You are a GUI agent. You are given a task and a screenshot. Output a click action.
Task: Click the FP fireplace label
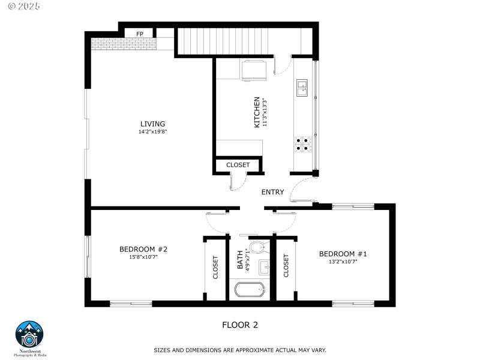tap(140, 34)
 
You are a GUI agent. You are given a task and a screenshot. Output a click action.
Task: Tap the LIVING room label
tap(152, 124)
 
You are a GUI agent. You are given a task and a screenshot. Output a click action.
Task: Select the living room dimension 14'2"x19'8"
tap(152, 131)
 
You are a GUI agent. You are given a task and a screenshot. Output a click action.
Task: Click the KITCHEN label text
tap(257, 112)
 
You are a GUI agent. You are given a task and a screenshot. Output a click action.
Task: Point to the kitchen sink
tap(301, 88)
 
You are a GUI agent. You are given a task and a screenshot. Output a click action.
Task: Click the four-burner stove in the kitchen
tap(302, 143)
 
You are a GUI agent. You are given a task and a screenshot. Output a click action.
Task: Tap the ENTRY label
tap(272, 192)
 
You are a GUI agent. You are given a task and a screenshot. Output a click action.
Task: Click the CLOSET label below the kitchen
tap(238, 165)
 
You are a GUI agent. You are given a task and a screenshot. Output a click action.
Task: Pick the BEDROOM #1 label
tap(343, 254)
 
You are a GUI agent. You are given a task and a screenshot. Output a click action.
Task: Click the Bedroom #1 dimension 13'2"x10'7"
tap(343, 262)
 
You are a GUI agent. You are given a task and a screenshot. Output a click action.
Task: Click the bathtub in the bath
tap(250, 290)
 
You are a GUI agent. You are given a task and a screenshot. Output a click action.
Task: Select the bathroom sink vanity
tap(264, 267)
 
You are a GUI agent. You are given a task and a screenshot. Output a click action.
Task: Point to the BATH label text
tap(239, 263)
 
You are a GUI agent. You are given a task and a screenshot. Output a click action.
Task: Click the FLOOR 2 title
tap(240, 325)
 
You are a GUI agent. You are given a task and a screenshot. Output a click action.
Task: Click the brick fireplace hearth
tap(124, 44)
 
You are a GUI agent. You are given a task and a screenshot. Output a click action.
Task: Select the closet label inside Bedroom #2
tap(215, 268)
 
